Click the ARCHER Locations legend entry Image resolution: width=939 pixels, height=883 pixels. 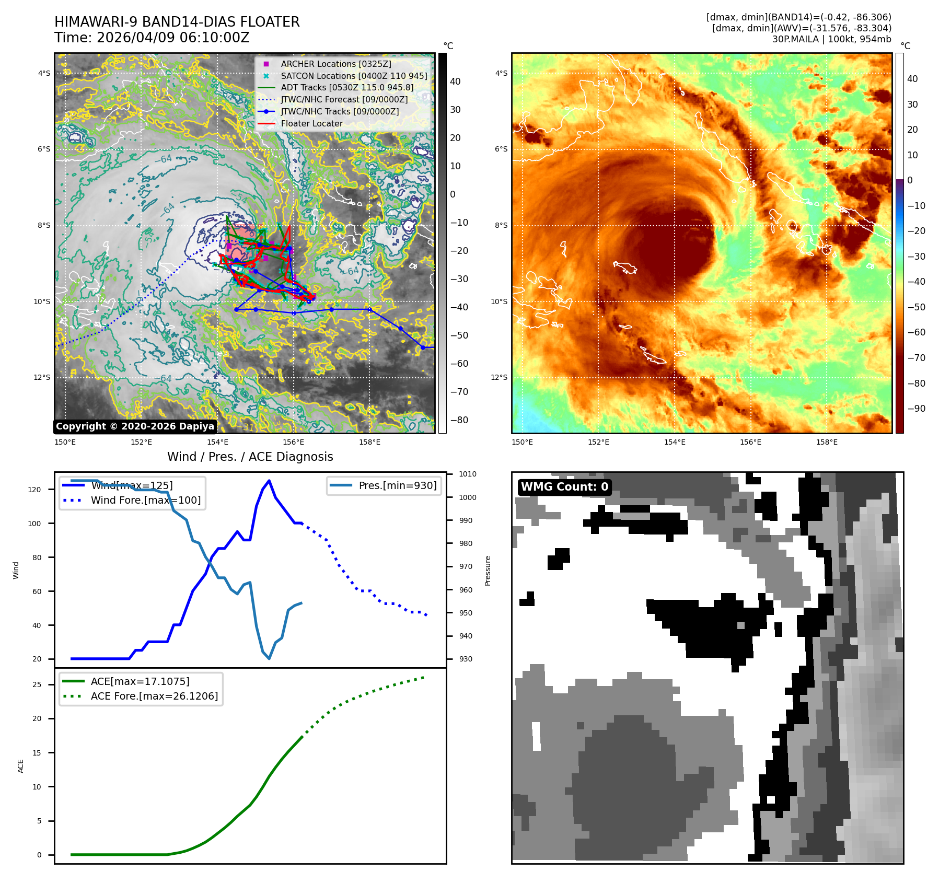[x=335, y=64]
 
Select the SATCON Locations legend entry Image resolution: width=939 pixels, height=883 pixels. [x=353, y=76]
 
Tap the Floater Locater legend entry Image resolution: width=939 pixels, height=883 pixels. [x=311, y=123]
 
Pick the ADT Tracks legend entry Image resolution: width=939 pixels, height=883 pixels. [x=346, y=88]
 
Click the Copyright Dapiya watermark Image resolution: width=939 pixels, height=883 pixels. [x=135, y=426]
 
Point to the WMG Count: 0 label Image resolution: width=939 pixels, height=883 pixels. [x=564, y=487]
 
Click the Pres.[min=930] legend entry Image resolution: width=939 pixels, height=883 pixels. [x=397, y=485]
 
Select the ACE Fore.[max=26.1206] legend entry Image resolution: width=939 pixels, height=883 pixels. [x=154, y=696]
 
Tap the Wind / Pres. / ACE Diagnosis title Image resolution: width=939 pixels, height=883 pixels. [x=250, y=457]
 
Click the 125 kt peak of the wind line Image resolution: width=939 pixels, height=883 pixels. [x=269, y=481]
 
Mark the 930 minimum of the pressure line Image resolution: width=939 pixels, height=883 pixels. [x=269, y=658]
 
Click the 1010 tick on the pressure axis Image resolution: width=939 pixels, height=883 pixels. [x=467, y=474]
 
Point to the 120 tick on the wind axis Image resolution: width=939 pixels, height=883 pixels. [x=34, y=490]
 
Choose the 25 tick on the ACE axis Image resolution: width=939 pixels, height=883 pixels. [x=37, y=684]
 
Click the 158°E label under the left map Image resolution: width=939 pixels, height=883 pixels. [x=369, y=443]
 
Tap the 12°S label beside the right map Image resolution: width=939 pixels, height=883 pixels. [x=499, y=377]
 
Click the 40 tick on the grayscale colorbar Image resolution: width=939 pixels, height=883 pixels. [x=455, y=82]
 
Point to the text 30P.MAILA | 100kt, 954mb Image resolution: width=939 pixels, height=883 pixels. [x=831, y=39]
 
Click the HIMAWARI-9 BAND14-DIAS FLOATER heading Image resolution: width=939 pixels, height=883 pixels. [x=177, y=22]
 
